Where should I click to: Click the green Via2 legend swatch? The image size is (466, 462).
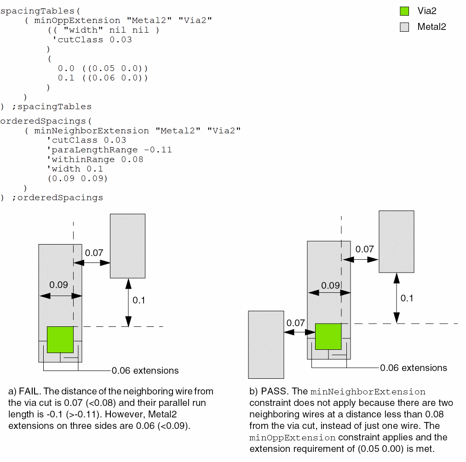point(404,11)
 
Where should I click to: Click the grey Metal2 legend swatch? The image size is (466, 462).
point(404,27)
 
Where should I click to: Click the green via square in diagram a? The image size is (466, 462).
point(60,340)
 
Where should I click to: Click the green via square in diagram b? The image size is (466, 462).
point(328,337)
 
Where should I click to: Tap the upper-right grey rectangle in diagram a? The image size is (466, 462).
point(127,246)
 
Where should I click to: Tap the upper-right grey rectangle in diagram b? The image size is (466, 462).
point(396,241)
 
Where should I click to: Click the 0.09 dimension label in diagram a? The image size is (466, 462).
point(59,285)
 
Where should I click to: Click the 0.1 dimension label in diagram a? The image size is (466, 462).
point(138,300)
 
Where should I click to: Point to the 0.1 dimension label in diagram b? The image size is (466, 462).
point(407,298)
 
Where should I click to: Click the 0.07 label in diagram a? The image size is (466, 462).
point(94,252)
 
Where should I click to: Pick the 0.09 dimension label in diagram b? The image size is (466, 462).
point(331,285)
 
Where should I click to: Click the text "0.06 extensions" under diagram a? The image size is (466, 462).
point(145,371)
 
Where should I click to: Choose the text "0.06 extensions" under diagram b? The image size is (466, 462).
point(414,368)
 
